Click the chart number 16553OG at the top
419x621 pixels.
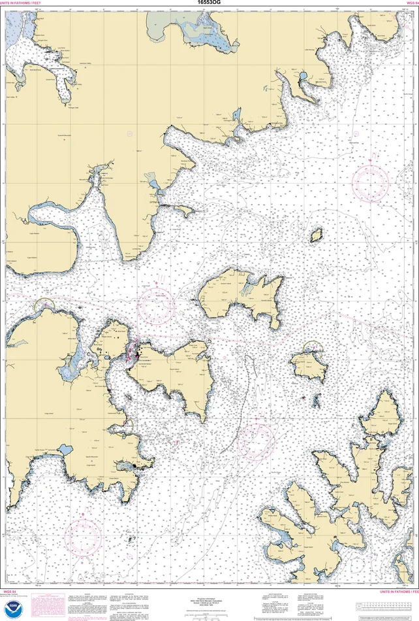pos(209,3)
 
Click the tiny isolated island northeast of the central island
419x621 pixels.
pos(317,234)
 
